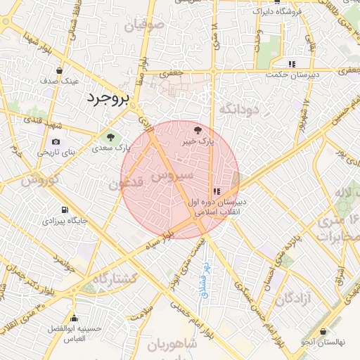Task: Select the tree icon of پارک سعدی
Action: click(109, 136)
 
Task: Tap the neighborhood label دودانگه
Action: click(239, 109)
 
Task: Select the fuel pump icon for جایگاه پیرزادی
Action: click(65, 210)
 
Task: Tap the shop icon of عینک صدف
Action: click(59, 70)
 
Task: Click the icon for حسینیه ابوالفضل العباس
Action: click(74, 319)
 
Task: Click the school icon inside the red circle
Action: click(217, 191)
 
